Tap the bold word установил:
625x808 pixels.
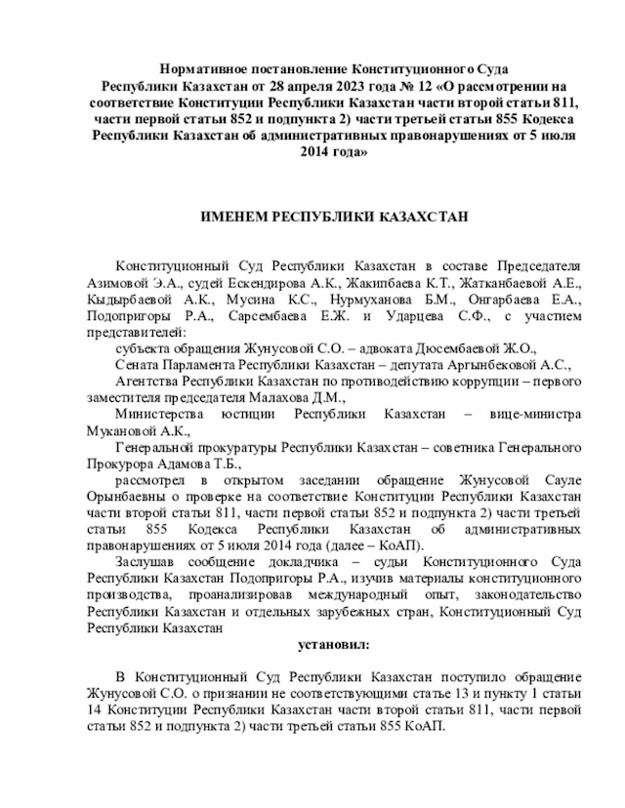(333, 645)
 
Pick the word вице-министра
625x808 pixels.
(535, 413)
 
